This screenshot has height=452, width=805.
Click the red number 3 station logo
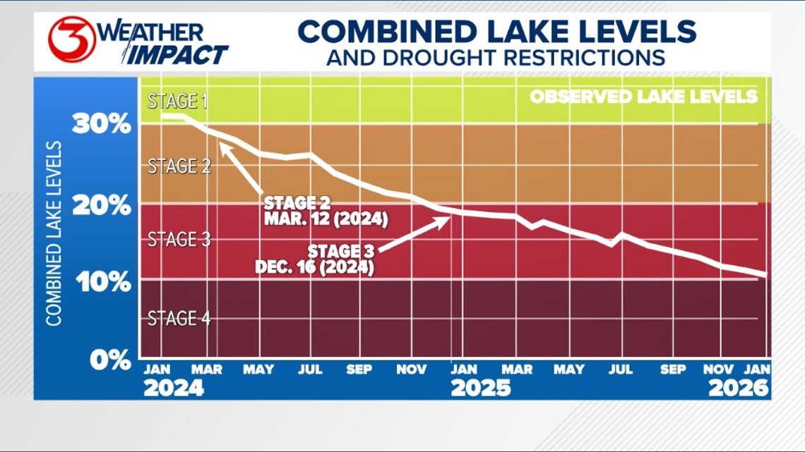click(x=71, y=39)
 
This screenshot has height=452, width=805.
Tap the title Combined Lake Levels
click(x=496, y=31)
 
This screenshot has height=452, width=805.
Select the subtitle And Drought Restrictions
click(x=496, y=57)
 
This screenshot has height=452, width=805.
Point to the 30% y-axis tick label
click(x=101, y=125)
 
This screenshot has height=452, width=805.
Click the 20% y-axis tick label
click(x=101, y=206)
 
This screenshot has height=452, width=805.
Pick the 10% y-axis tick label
click(x=101, y=282)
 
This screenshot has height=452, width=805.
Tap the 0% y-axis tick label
click(x=110, y=360)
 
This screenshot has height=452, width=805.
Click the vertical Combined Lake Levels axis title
click(x=54, y=233)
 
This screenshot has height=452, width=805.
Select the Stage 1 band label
click(x=177, y=102)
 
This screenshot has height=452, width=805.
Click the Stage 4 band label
click(x=179, y=319)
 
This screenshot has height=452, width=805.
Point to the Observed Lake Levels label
click(x=643, y=97)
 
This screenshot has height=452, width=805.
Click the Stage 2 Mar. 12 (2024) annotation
click(x=326, y=212)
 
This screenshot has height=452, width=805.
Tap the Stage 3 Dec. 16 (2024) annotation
click(x=315, y=259)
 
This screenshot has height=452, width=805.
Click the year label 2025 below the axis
click(x=480, y=388)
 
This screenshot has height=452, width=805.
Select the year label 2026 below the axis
click(x=739, y=388)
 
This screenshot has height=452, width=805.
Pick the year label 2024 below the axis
click(x=173, y=388)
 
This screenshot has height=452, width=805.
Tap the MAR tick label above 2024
click(x=206, y=369)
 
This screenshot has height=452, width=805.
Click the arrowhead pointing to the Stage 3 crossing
click(x=446, y=220)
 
